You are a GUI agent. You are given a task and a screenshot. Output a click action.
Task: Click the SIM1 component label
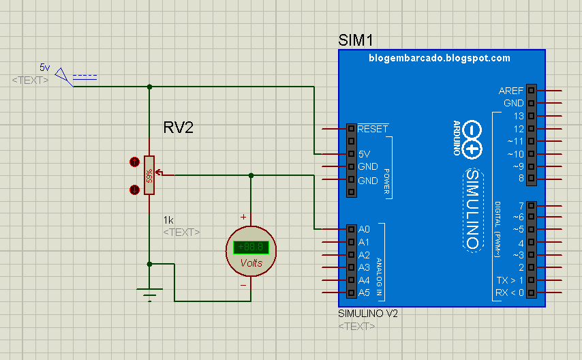(355, 40)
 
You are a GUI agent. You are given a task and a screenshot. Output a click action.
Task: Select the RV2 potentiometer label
(179, 127)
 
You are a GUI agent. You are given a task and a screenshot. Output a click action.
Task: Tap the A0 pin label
(364, 229)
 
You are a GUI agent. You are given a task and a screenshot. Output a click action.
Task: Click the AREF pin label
(511, 91)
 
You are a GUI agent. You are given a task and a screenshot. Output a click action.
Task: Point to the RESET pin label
(373, 128)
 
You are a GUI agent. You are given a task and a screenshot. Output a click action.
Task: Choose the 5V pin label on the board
(364, 154)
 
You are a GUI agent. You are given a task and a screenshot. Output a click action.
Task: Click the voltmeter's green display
(251, 247)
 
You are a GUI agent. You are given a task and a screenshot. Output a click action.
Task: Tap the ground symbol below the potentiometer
(149, 292)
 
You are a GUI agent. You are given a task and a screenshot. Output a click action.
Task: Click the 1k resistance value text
(168, 220)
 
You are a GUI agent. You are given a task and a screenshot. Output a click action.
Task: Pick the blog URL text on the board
(440, 59)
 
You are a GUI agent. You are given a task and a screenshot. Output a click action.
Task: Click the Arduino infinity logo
(471, 138)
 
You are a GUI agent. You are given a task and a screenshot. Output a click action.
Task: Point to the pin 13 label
(519, 116)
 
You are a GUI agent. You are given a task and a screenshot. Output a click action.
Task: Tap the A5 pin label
(364, 293)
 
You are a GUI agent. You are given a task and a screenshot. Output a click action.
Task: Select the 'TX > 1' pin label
(510, 280)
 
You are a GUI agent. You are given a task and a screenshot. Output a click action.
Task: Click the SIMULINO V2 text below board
(368, 314)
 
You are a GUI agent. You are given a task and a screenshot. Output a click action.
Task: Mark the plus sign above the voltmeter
(243, 217)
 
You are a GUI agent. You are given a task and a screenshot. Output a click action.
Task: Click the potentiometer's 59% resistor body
(149, 176)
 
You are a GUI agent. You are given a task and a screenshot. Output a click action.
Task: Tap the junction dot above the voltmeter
(251, 175)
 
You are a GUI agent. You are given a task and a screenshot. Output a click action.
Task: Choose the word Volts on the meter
(251, 263)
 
